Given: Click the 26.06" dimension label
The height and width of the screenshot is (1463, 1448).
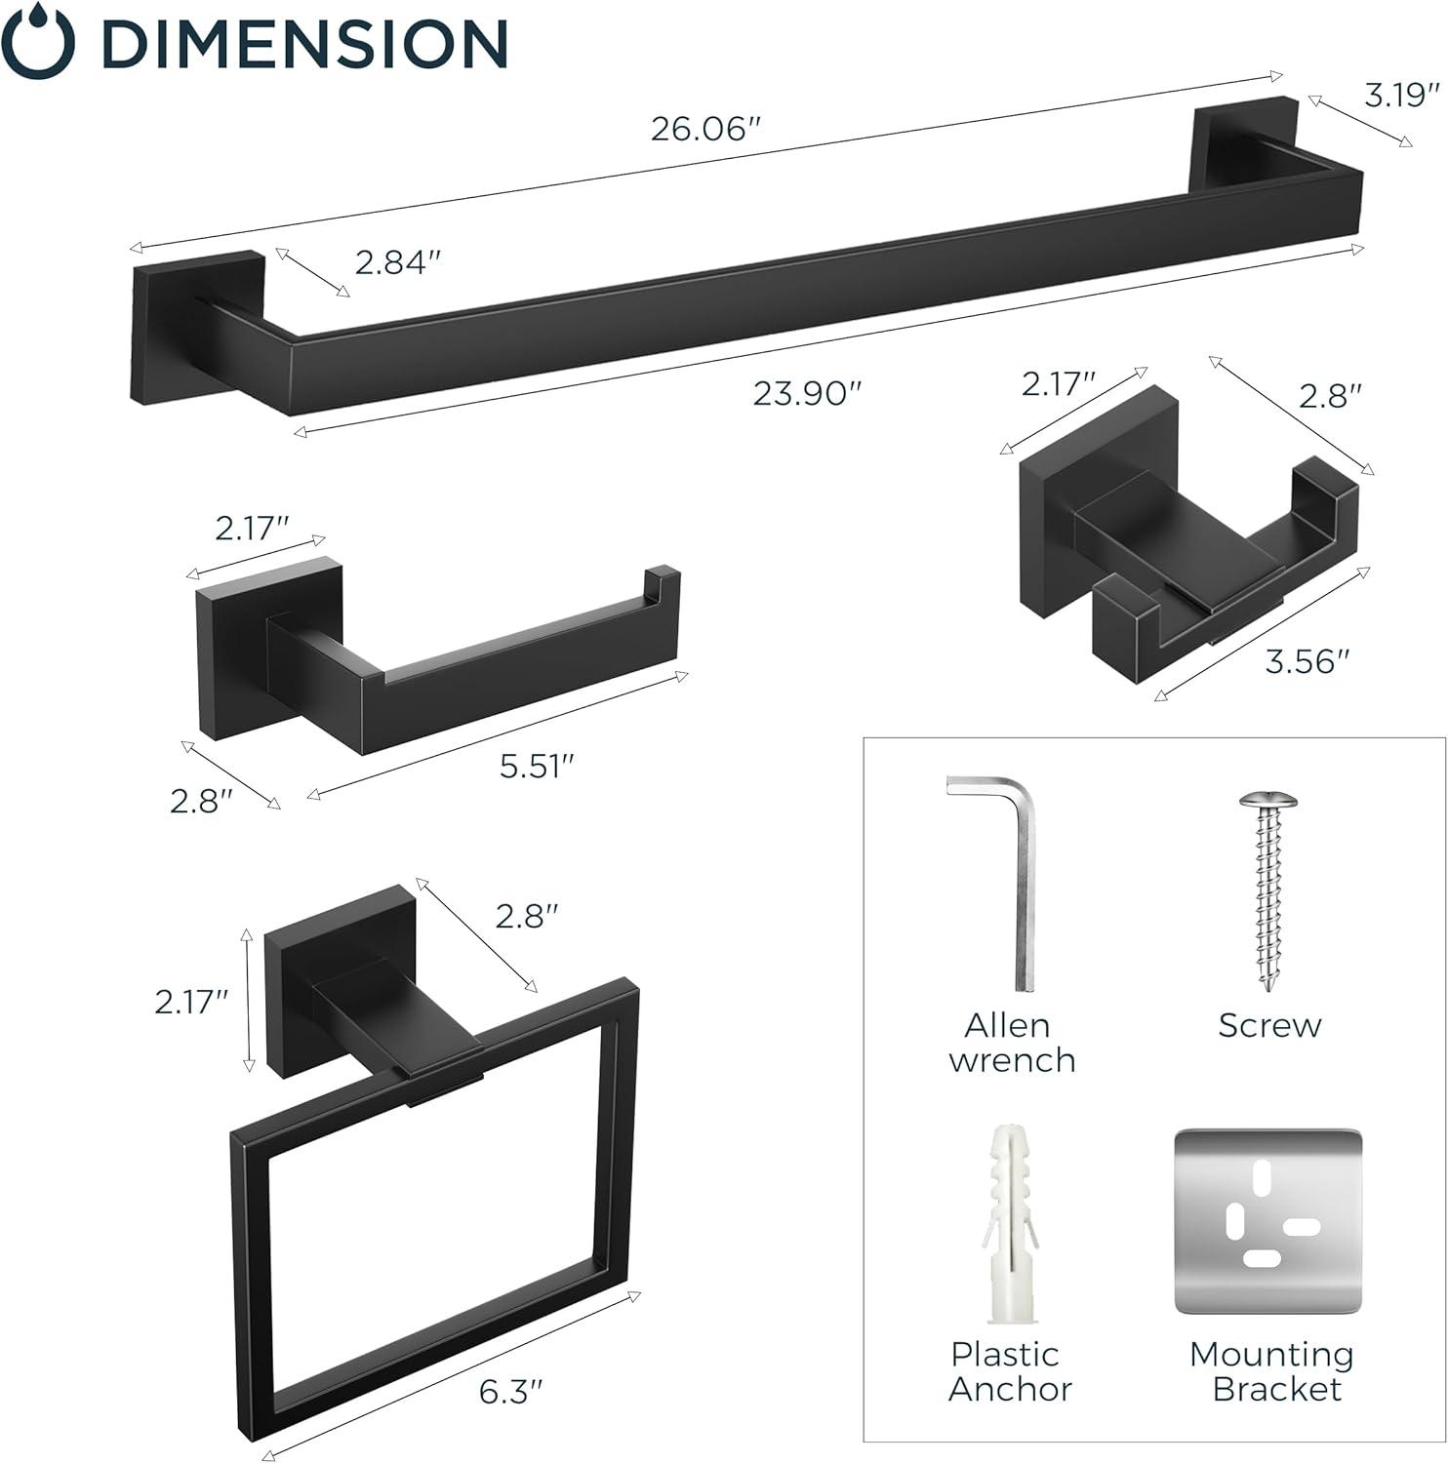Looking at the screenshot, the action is tap(704, 129).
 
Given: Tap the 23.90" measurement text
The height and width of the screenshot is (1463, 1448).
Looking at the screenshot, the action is tap(807, 393).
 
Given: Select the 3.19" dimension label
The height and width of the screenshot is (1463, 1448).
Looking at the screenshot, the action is tap(1402, 95).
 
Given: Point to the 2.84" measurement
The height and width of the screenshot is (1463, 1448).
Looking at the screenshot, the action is tap(398, 261).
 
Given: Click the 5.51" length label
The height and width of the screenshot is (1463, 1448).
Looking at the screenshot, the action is tap(535, 767).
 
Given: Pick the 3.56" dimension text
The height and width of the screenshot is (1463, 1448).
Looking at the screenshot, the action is tap(1307, 661).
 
